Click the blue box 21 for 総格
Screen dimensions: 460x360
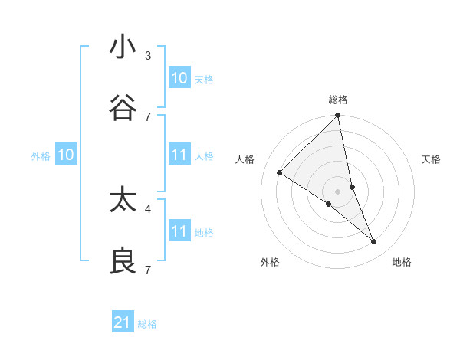tap(123, 322)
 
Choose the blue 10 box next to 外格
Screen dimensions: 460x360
tap(66, 155)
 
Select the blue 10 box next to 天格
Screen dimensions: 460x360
tap(179, 78)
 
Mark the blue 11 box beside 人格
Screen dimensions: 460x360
tap(179, 155)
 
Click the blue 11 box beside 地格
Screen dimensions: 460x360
tap(179, 231)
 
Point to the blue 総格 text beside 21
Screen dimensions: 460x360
tap(147, 324)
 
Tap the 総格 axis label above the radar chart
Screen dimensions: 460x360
tap(338, 100)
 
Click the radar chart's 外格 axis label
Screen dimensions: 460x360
tap(270, 262)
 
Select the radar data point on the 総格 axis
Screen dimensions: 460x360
tap(338, 116)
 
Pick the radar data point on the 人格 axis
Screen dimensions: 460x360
tap(280, 173)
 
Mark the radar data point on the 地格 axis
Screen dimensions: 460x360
tap(374, 242)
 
